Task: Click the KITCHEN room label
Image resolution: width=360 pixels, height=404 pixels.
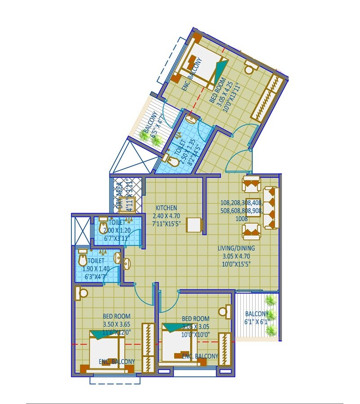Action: coord(166,208)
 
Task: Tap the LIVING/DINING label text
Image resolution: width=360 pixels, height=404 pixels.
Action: coord(236,248)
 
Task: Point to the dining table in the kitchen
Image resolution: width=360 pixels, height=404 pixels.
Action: coord(194,224)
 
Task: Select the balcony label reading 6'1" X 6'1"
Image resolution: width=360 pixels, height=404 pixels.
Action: coord(257,322)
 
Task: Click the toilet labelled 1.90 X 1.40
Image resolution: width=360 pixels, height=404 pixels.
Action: coord(96,268)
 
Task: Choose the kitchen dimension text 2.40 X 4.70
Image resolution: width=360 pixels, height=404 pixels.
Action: coord(167,215)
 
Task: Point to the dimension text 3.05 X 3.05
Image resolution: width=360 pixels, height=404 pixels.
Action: coord(196,326)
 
